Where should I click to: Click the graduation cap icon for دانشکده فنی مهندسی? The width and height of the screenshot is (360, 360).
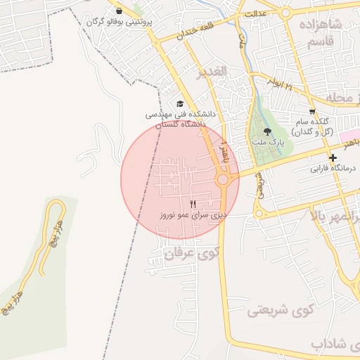point(181,104)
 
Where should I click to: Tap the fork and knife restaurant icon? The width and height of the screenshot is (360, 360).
point(174,204)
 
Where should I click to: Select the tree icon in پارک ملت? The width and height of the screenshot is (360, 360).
point(266,131)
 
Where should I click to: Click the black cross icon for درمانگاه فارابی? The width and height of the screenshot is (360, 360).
point(333,158)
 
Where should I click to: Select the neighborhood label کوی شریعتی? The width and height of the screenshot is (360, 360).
point(278,309)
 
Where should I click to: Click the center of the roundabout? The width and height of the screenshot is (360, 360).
point(224,181)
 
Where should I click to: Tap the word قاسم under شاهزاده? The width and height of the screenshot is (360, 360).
point(324,43)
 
